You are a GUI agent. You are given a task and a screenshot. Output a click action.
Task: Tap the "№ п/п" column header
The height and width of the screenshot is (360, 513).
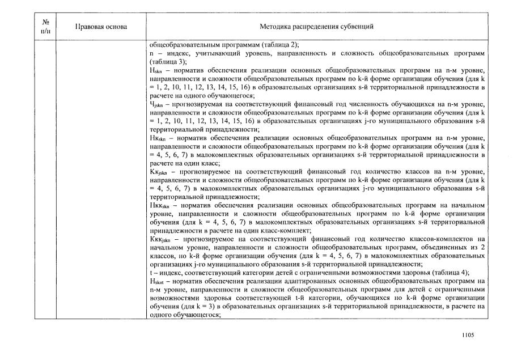pos(45,27)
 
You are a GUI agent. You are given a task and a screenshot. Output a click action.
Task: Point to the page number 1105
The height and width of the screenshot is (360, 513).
pos(468,335)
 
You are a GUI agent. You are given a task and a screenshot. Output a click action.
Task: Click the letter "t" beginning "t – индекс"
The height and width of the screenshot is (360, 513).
pos(151,272)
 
